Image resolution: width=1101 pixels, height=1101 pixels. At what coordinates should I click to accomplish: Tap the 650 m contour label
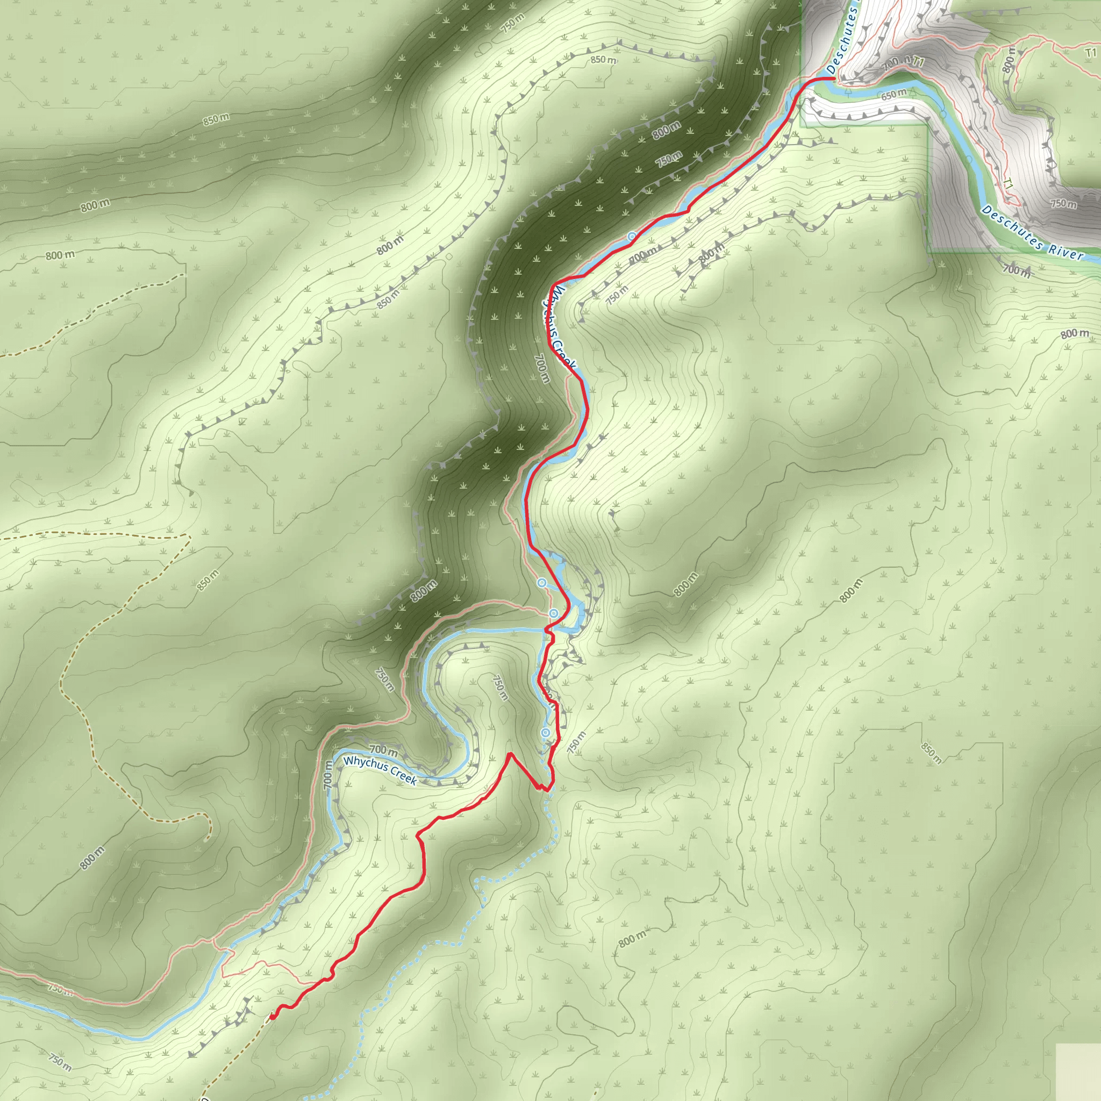893,95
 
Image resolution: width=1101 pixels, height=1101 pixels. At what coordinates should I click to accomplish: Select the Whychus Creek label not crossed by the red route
380,770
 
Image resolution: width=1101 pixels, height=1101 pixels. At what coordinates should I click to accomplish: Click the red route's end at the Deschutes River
835,78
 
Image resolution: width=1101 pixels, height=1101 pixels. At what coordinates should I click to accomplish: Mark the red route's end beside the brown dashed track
273,617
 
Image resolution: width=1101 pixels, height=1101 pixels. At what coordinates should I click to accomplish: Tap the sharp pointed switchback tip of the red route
510,753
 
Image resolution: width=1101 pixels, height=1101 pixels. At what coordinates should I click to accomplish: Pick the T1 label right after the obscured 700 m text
917,61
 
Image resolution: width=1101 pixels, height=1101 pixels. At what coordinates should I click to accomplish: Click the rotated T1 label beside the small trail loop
1007,183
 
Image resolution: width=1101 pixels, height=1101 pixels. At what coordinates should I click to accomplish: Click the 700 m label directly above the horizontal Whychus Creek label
383,750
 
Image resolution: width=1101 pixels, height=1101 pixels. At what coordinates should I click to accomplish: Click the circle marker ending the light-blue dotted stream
545,732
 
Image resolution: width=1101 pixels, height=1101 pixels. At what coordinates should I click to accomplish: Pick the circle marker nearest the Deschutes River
632,236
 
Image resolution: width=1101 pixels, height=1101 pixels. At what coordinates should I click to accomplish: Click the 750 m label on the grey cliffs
1063,203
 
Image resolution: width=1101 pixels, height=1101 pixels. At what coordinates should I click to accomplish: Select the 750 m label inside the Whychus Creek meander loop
499,687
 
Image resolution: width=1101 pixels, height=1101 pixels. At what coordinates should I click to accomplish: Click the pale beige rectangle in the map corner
1078,1072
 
